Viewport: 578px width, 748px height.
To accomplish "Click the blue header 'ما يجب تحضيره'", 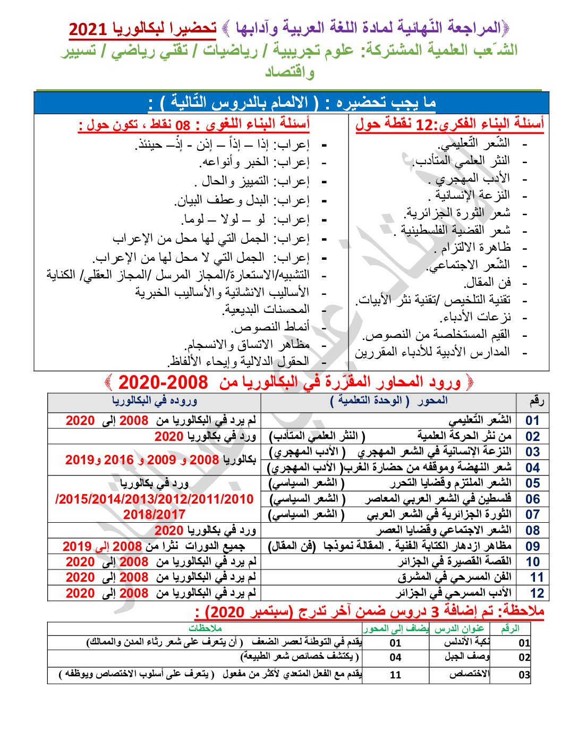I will click(x=382, y=103).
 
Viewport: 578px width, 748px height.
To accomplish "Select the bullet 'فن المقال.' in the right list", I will click(x=487, y=283).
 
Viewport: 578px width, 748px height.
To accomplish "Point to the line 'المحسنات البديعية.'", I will click(x=266, y=309).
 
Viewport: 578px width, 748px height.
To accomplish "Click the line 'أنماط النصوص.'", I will click(x=271, y=327).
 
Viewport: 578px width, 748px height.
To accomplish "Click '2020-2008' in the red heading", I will click(x=163, y=382).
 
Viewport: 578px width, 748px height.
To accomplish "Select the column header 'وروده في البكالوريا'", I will click(x=155, y=401).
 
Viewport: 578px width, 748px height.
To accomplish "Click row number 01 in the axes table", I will click(x=532, y=421).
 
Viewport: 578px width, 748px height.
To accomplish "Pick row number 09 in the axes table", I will click(x=532, y=546).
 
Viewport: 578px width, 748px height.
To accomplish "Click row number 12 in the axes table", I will click(x=537, y=593).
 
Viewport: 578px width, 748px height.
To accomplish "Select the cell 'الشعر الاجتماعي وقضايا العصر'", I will click(x=444, y=530).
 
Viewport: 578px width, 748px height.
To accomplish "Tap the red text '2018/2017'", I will click(x=154, y=514).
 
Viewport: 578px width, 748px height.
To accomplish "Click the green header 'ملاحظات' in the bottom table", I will click(x=205, y=628).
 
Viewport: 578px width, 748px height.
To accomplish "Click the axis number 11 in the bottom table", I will click(x=395, y=675).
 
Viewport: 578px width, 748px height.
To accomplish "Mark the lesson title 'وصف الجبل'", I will click(x=467, y=657).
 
